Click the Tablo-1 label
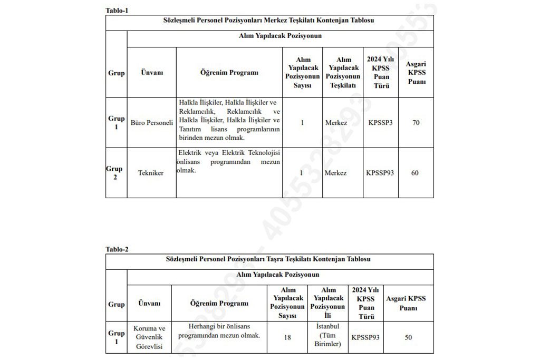coord(117,10)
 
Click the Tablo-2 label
coord(117,249)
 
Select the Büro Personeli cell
coord(152,123)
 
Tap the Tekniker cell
coord(152,173)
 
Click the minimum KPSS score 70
coord(416,123)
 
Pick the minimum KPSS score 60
coord(414,173)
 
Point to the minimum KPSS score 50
coord(408,337)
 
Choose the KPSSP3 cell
coord(380,123)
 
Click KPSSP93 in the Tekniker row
coord(380,173)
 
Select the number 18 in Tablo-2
coord(287,337)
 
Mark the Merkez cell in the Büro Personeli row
coord(336,123)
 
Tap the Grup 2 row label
coord(116,173)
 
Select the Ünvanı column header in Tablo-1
coord(152,73)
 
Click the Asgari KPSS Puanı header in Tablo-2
coord(406,303)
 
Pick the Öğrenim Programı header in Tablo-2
coord(219,304)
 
